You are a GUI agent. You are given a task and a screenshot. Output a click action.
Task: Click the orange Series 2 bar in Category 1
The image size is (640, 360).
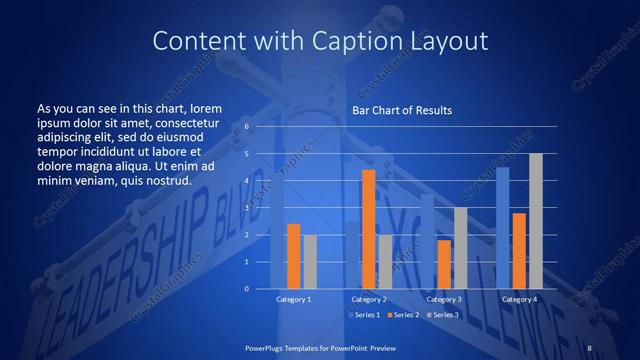(293, 256)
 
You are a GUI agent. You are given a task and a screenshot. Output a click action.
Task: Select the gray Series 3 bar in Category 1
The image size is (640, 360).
(309, 261)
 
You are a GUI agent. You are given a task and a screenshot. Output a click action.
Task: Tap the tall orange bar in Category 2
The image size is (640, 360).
(368, 229)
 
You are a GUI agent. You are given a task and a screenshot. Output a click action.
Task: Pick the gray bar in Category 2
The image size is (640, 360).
(385, 261)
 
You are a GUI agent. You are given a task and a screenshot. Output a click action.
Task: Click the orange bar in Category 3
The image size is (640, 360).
(444, 264)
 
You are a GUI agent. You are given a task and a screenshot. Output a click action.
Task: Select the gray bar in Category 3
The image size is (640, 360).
(460, 248)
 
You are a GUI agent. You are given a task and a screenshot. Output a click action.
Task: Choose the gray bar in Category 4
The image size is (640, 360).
(535, 221)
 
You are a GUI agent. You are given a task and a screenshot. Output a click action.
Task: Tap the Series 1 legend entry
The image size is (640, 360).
(365, 315)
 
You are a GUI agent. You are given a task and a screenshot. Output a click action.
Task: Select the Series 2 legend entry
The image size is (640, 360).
(404, 315)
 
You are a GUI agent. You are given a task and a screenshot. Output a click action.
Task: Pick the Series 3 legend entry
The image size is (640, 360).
(442, 315)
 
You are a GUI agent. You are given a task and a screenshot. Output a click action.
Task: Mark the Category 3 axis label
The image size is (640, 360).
(444, 299)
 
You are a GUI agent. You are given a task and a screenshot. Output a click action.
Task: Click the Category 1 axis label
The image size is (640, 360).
(293, 299)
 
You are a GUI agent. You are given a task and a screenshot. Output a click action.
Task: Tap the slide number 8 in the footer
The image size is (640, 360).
(589, 347)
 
